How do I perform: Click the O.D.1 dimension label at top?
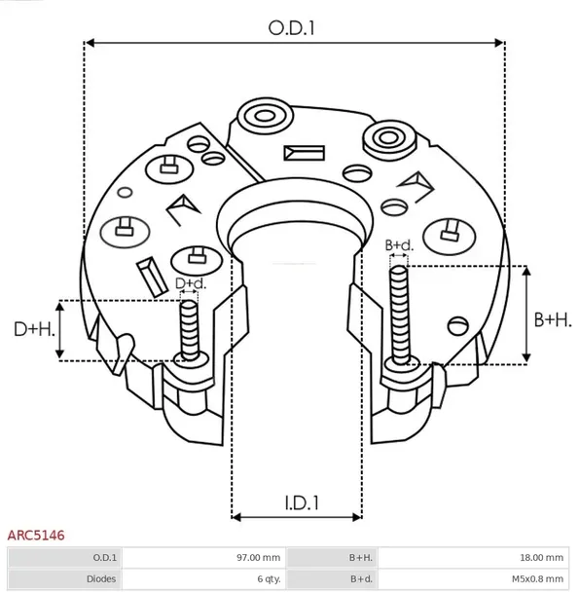pyautogui.click(x=292, y=28)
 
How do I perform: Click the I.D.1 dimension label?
pyautogui.click(x=303, y=503)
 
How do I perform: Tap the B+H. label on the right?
pyautogui.click(x=554, y=319)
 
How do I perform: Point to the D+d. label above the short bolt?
pyautogui.click(x=191, y=283)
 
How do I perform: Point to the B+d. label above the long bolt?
pyautogui.click(x=399, y=244)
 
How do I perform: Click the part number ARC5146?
pyautogui.click(x=36, y=535)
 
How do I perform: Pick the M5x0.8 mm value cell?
pyautogui.click(x=536, y=579)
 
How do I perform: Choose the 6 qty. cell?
pyautogui.click(x=268, y=579)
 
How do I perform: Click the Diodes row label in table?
pyautogui.click(x=101, y=579)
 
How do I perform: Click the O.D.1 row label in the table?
pyautogui.click(x=105, y=558)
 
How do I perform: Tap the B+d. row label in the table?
pyautogui.click(x=360, y=579)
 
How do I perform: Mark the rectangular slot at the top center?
pyautogui.click(x=303, y=153)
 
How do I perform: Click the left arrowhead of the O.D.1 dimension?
pyautogui.click(x=90, y=43)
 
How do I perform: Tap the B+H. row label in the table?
pyautogui.click(x=360, y=558)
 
